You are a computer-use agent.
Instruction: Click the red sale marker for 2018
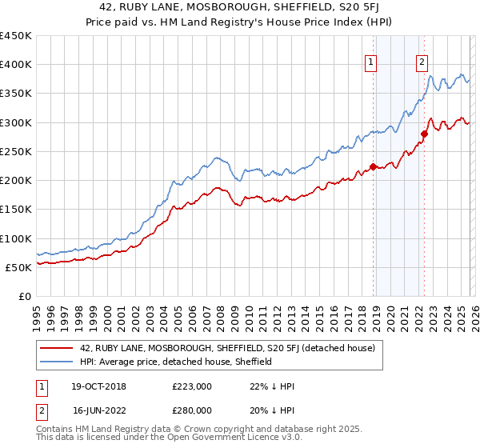pos(373,167)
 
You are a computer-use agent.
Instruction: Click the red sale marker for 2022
pos(424,134)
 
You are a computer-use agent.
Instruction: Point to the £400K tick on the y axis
pos(16,65)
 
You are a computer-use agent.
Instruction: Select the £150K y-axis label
pos(16,210)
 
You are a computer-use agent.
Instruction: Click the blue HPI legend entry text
pos(176,362)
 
